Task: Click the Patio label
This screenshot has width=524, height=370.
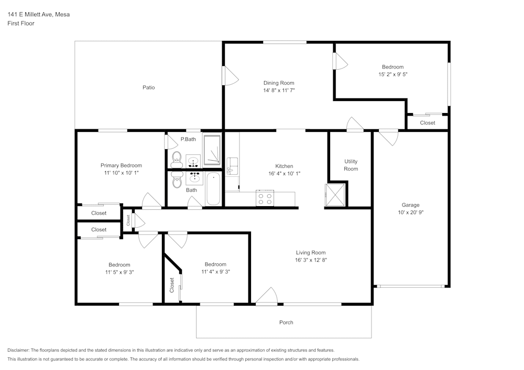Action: (x=148, y=87)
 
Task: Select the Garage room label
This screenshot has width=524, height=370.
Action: (x=410, y=205)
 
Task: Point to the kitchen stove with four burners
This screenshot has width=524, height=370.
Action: (x=265, y=199)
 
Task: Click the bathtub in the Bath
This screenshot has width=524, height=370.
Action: (x=213, y=189)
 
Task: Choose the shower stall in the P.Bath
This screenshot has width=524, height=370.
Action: (x=212, y=151)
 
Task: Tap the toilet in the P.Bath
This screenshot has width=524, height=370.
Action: (x=177, y=156)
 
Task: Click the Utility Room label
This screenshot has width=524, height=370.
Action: (x=351, y=165)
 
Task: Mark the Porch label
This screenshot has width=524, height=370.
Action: (x=286, y=322)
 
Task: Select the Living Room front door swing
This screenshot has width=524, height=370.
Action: (x=267, y=296)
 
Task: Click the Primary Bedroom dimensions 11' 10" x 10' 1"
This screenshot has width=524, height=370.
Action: (x=121, y=172)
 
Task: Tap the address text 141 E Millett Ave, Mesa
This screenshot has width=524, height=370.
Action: (x=38, y=15)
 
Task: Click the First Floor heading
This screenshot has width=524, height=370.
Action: (x=21, y=24)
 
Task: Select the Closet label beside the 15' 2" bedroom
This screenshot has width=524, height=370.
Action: (x=427, y=123)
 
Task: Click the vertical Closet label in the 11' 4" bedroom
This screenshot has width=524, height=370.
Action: (x=172, y=285)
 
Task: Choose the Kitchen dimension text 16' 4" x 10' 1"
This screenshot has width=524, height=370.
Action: (x=284, y=173)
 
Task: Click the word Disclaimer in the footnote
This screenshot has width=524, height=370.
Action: (x=18, y=350)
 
